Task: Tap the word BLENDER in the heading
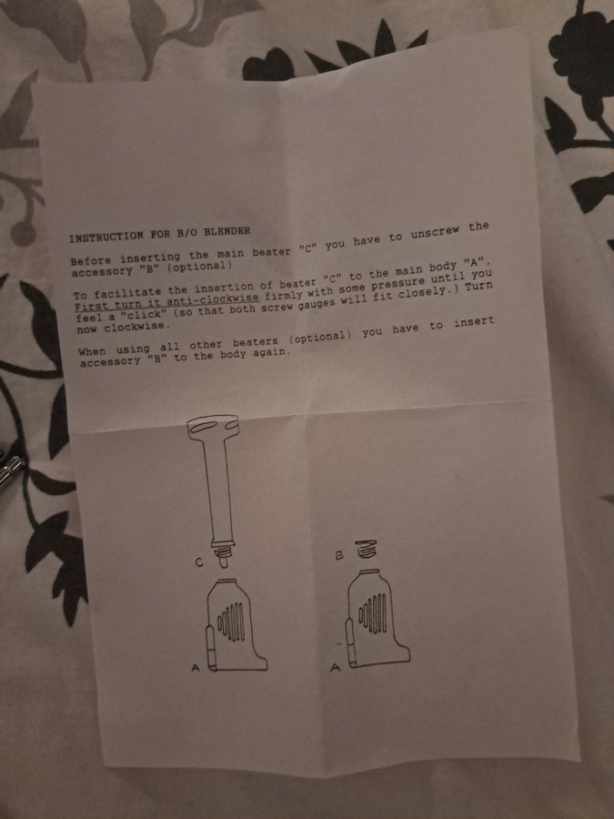pos(227,231)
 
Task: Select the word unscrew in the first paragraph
pos(435,232)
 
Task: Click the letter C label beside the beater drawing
pos(198,562)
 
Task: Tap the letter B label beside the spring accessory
pos(339,556)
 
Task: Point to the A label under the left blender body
pos(196,667)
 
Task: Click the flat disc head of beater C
pos(213,425)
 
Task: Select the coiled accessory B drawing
pos(366,549)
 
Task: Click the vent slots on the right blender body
pos(372,612)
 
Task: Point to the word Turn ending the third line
pos(478,287)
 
